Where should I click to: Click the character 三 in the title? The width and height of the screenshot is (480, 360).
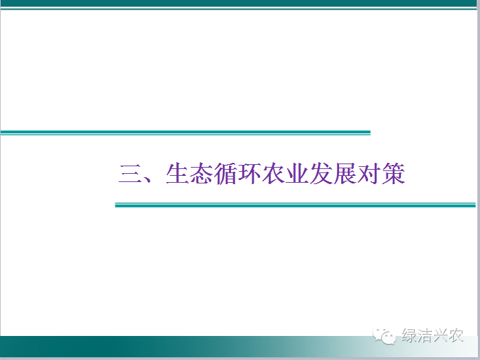130,174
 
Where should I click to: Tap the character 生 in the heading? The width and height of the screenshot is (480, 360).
177,173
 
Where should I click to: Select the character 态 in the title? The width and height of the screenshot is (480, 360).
201,173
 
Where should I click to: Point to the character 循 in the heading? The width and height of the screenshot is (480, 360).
225,174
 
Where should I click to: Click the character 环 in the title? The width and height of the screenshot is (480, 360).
249,173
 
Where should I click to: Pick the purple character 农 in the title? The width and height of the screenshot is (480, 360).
273,173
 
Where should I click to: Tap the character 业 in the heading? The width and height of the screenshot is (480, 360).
297,173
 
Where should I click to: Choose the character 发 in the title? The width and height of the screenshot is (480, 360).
321,173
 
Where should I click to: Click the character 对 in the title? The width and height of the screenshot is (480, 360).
369,173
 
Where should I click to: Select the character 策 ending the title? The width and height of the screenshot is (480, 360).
393,173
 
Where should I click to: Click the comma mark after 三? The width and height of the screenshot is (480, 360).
148,179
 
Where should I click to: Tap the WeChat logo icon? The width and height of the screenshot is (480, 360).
384,336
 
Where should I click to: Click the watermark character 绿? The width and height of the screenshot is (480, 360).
409,335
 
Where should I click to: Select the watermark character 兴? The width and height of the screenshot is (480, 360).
440,335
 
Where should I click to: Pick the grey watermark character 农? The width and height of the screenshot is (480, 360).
455,335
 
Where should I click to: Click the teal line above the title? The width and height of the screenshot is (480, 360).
186,133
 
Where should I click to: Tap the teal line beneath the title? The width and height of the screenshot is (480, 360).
296,205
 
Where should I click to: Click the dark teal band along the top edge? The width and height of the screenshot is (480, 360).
239,3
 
